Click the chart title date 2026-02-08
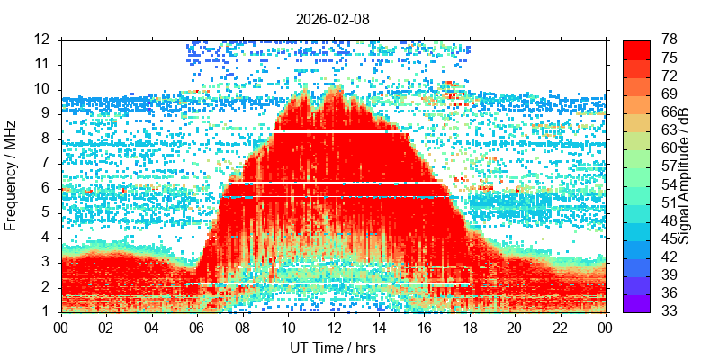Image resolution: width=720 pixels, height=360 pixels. tap(333, 18)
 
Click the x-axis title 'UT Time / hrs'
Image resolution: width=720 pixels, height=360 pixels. tap(333, 347)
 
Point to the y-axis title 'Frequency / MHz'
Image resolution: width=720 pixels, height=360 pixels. tap(12, 175)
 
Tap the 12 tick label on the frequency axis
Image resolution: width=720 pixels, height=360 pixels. tap(41, 40)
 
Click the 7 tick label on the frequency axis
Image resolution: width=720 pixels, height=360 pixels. tap(46, 164)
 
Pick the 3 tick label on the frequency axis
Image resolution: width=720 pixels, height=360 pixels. tap(46, 263)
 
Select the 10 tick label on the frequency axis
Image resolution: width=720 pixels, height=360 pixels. tap(41, 89)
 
